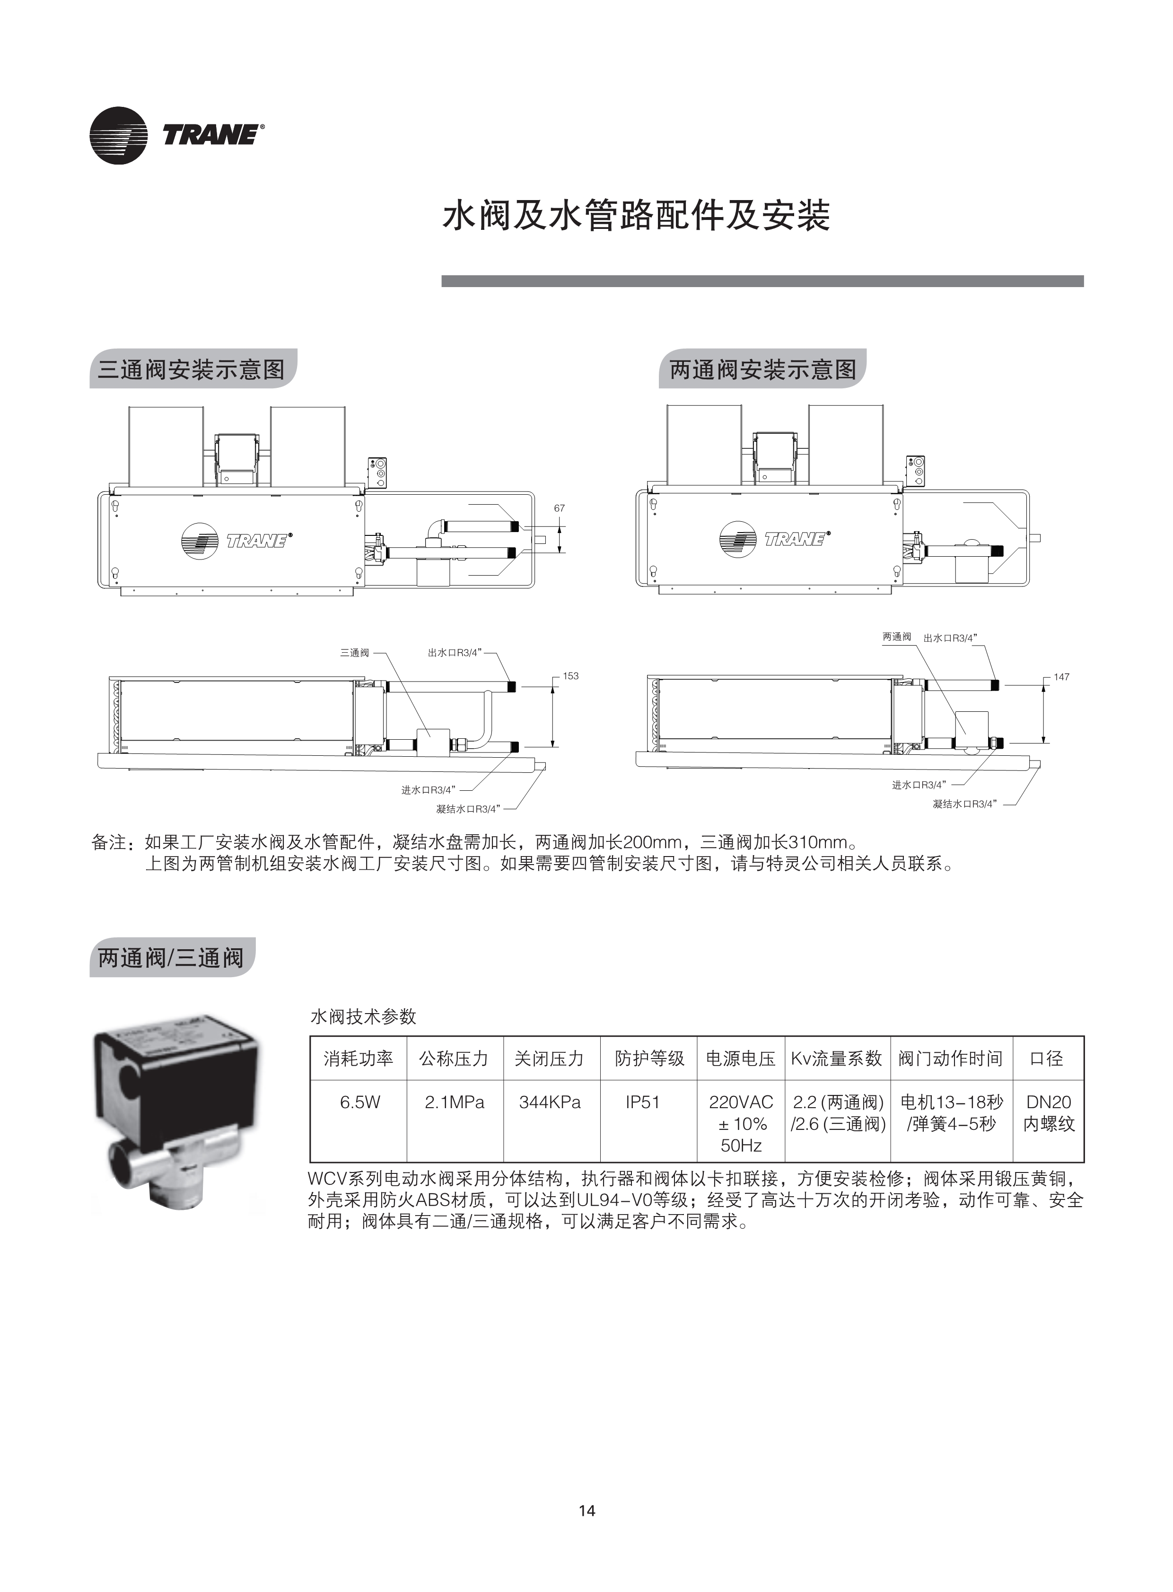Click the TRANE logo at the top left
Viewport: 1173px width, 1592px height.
pyautogui.click(x=177, y=135)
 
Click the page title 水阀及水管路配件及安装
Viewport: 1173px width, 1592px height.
pyautogui.click(x=636, y=215)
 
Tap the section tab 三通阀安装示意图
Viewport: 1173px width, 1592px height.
pyautogui.click(x=192, y=369)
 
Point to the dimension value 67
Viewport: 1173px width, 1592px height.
pyautogui.click(x=560, y=508)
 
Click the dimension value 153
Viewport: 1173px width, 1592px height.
pyautogui.click(x=571, y=676)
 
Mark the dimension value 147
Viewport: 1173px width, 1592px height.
pyautogui.click(x=1061, y=677)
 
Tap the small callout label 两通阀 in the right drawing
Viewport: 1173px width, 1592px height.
pyautogui.click(x=897, y=637)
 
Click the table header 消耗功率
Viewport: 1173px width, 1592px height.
pyautogui.click(x=359, y=1058)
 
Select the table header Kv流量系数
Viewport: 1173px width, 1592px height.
pyautogui.click(x=836, y=1058)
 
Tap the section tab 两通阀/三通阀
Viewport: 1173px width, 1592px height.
pyautogui.click(x=171, y=957)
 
